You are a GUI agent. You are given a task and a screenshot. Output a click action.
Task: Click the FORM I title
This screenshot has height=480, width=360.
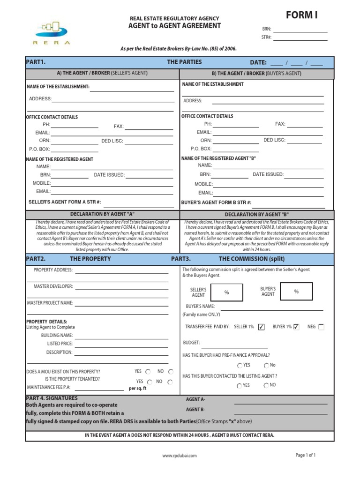point(301,15)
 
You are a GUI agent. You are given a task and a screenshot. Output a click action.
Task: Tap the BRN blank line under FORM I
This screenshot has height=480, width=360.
point(300,31)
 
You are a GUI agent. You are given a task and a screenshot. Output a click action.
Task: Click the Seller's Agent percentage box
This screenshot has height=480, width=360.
point(227,292)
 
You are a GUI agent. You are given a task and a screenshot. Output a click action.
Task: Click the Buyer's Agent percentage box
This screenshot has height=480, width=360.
point(296,292)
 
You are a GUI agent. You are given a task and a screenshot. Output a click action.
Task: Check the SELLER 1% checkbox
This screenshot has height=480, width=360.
point(262,327)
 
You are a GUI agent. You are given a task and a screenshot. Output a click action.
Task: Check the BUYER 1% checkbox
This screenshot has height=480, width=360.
point(296,327)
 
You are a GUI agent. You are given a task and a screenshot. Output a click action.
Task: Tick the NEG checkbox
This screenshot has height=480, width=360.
point(321,327)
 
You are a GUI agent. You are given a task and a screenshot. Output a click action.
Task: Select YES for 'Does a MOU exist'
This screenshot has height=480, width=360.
point(148,371)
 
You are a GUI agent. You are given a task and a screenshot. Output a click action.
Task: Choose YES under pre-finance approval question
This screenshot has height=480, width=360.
point(240,365)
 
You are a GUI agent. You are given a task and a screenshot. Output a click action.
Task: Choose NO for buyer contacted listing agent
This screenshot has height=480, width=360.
point(266,385)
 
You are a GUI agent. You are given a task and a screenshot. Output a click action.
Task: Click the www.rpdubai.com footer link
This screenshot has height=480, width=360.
point(180,455)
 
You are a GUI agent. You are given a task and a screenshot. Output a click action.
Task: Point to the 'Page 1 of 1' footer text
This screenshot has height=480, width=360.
point(305,455)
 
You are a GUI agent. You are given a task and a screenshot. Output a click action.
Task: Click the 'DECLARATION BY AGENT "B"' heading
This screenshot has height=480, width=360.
point(257,214)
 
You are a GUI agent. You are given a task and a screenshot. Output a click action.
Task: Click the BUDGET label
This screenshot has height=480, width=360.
point(191,343)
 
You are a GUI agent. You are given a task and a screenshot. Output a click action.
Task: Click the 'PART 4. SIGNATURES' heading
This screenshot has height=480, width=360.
point(52,398)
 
